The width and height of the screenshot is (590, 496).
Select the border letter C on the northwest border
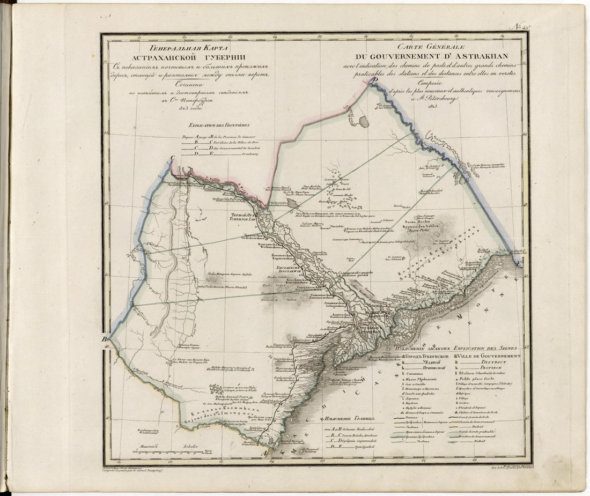coord(173,158)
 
